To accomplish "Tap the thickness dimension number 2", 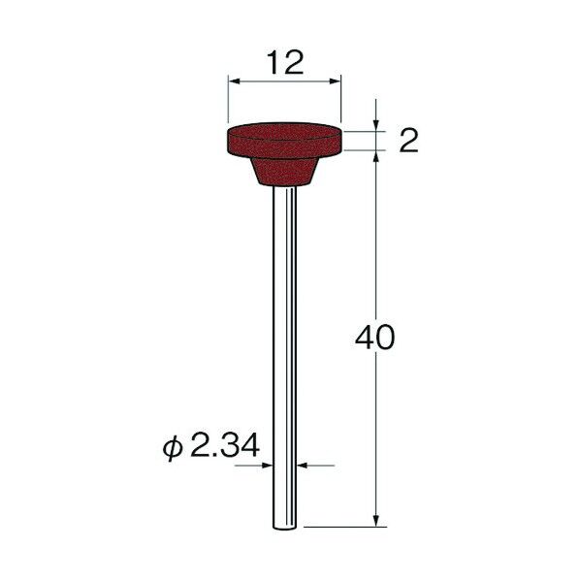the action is point(408,141).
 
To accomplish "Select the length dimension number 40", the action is point(374,337).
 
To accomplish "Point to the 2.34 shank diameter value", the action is point(224,445).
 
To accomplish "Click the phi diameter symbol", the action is point(173,447).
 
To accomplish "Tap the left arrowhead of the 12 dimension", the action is point(234,81).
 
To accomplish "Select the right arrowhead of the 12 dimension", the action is point(335,81).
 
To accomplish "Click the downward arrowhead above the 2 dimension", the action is point(376,125).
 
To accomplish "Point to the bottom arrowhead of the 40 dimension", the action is point(376,520).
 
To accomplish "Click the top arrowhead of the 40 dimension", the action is point(376,156).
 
